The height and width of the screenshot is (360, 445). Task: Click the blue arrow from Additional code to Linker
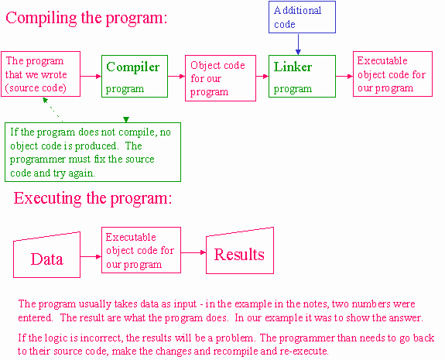tap(298, 44)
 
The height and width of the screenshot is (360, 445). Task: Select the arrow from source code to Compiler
tap(91, 76)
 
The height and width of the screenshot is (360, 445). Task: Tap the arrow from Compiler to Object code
tap(176, 76)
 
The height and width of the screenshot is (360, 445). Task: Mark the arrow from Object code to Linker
tap(262, 76)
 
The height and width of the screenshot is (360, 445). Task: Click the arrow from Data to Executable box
tap(91, 257)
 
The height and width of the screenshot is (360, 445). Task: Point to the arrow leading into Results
tap(193, 252)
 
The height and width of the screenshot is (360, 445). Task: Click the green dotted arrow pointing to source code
tap(53, 110)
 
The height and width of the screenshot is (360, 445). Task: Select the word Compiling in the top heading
tap(41, 19)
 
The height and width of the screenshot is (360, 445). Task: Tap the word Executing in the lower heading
tap(48, 198)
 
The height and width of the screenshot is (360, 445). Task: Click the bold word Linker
tap(293, 67)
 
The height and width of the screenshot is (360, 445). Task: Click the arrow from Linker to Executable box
tap(344, 76)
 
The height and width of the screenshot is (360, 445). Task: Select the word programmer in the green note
tap(38, 159)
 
